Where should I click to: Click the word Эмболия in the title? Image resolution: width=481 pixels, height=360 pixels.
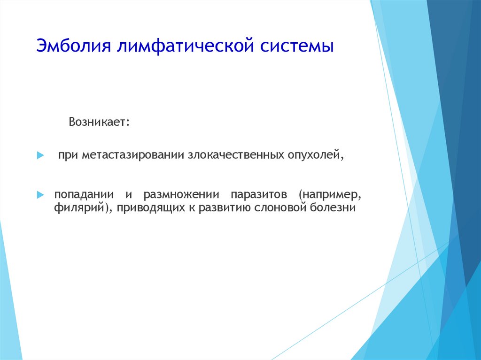coord(74,46)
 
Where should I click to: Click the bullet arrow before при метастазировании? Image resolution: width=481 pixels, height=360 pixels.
coord(40,155)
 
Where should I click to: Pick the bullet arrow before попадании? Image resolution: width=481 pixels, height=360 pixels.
coord(40,194)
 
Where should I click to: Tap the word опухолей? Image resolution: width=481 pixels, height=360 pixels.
coord(313,155)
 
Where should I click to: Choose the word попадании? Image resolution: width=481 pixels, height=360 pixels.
coord(84,194)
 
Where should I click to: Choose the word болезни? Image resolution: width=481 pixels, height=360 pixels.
coord(333,207)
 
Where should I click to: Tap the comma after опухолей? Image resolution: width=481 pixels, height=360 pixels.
coord(341,158)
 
